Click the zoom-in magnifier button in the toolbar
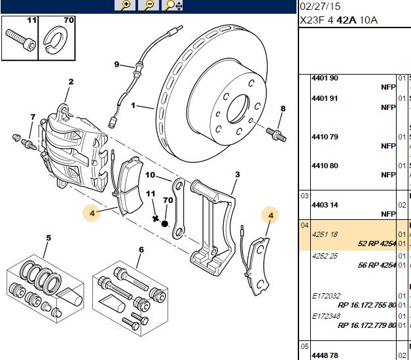pyautogui.click(x=125, y=5)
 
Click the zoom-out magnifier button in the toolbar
pyautogui.click(x=149, y=5)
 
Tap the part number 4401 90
pyautogui.click(x=325, y=78)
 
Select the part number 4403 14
pyautogui.click(x=325, y=205)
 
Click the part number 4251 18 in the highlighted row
pyautogui.click(x=325, y=234)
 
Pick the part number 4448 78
pyautogui.click(x=325, y=355)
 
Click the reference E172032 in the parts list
pyautogui.click(x=326, y=296)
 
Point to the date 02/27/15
pyautogui.click(x=320, y=7)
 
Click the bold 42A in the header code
pyautogui.click(x=346, y=20)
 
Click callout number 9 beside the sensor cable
pyautogui.click(x=116, y=64)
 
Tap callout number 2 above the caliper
pyautogui.click(x=71, y=82)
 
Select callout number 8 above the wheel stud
pyautogui.click(x=283, y=109)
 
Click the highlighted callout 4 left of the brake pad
pyautogui.click(x=92, y=213)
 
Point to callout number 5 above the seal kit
pyautogui.click(x=48, y=238)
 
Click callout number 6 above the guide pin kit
pyautogui.click(x=141, y=249)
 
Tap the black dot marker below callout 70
pyautogui.click(x=165, y=224)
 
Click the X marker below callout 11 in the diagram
pyautogui.click(x=156, y=219)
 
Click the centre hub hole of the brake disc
pyautogui.click(x=238, y=109)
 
